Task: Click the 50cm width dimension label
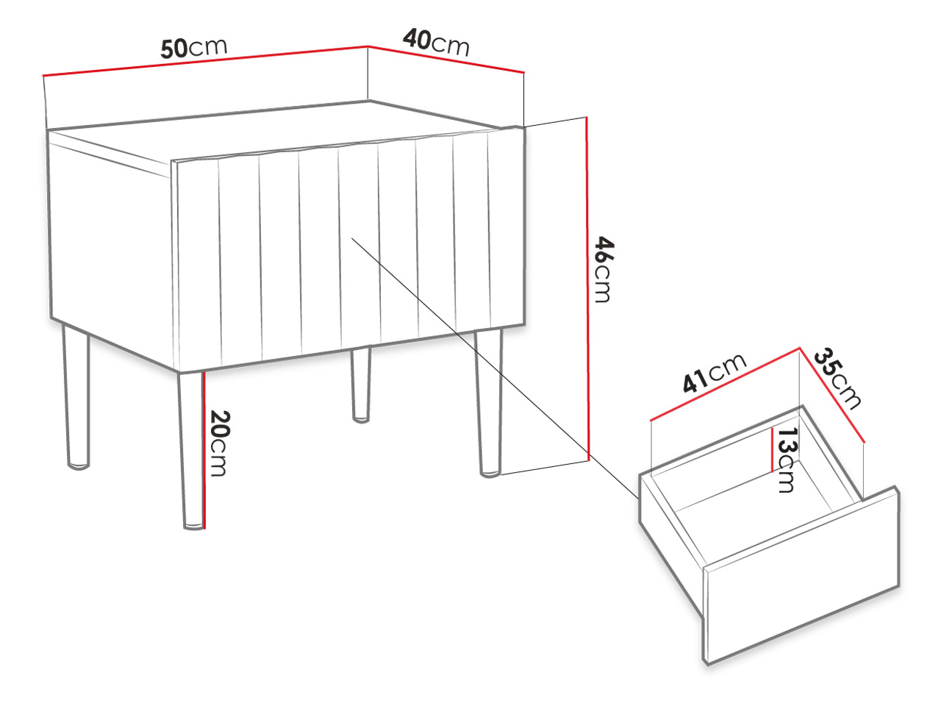[194, 48]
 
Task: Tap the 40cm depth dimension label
[436, 43]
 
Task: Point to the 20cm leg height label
[220, 443]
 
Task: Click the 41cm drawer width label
[715, 373]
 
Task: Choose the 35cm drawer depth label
[837, 379]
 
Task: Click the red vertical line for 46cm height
[587, 288]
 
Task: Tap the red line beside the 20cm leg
[204, 449]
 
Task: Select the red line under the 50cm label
[205, 61]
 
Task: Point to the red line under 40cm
[446, 59]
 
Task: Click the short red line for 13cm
[772, 449]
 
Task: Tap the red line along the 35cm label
[832, 394]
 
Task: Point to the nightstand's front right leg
[489, 403]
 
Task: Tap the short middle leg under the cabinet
[361, 385]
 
